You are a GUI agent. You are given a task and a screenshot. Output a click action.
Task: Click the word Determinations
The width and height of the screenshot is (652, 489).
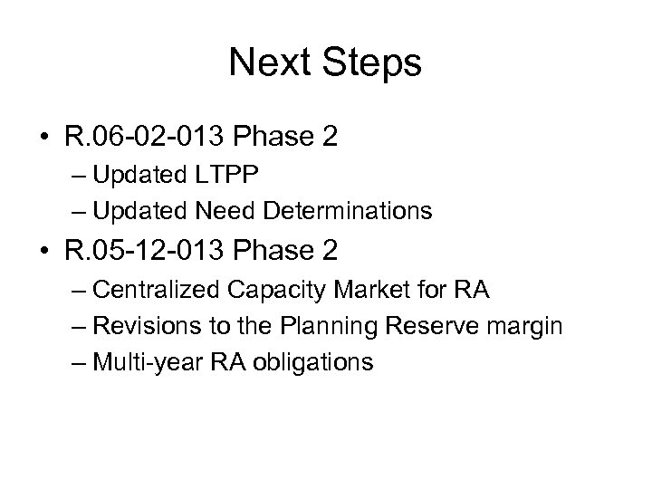[x=347, y=211]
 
